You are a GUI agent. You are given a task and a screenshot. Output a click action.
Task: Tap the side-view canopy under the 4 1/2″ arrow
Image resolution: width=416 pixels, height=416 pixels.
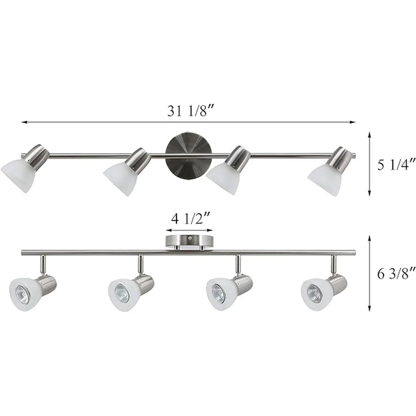tap(189, 242)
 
